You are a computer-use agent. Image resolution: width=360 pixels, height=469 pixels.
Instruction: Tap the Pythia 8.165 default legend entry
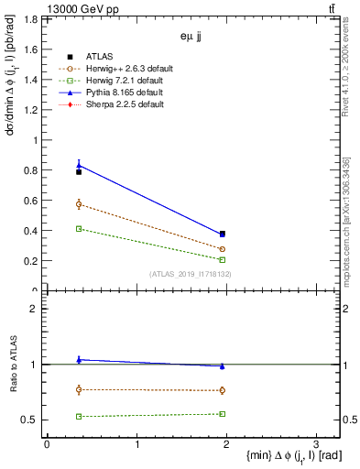click(121, 93)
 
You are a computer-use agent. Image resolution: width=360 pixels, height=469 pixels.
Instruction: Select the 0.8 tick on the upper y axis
click(32, 170)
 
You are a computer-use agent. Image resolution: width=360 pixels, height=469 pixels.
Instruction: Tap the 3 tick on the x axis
click(315, 444)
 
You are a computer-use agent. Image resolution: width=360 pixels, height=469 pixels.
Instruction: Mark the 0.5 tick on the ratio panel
click(32, 420)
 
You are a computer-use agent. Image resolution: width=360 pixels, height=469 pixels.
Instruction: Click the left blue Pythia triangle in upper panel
click(79, 165)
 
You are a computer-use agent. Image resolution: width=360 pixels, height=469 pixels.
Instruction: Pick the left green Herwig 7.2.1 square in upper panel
click(79, 229)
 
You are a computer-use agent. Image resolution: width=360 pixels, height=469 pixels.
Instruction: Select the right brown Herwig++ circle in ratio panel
click(223, 390)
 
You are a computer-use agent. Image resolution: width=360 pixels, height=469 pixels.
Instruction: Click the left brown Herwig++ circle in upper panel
click(79, 204)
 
